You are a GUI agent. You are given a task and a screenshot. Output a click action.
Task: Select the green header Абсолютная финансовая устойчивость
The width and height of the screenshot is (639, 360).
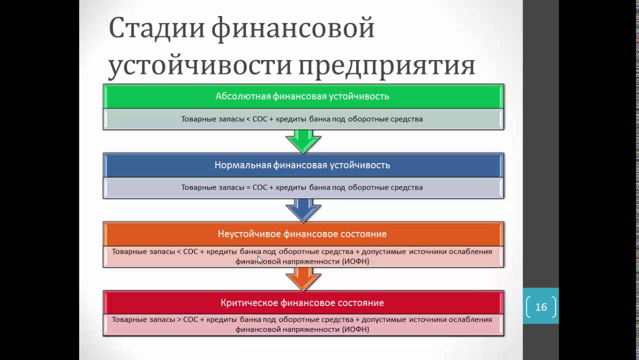(x=302, y=96)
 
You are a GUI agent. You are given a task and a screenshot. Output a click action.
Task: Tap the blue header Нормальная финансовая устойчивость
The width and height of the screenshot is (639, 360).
(x=302, y=165)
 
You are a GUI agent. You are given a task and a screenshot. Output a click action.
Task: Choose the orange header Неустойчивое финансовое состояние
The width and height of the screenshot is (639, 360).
(x=302, y=234)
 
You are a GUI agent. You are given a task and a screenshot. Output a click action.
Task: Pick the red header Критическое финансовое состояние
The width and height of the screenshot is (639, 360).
(x=302, y=303)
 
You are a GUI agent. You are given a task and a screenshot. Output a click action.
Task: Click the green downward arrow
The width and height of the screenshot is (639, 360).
(x=303, y=141)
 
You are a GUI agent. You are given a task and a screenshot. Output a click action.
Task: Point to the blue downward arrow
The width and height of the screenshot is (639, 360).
(x=303, y=210)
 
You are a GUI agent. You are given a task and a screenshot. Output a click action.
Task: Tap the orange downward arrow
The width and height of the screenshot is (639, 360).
(x=303, y=279)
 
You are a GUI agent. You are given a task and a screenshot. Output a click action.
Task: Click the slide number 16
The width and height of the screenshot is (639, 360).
(x=541, y=307)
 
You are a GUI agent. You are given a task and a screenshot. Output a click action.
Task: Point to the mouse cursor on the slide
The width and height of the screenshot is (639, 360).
(x=259, y=259)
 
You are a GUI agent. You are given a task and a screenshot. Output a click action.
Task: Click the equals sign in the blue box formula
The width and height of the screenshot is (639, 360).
(x=248, y=188)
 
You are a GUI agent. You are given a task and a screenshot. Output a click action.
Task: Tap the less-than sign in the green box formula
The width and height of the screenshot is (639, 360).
(x=248, y=119)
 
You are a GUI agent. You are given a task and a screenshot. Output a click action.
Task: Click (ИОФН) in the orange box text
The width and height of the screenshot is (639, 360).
(x=355, y=261)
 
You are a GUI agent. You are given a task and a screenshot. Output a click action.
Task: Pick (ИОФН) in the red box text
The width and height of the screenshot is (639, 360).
(x=355, y=330)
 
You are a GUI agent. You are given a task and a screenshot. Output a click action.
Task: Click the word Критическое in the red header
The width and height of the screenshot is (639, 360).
(x=245, y=303)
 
